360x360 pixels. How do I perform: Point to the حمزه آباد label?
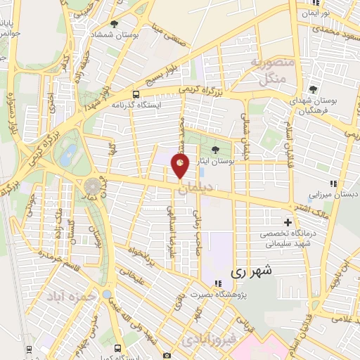70,297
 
